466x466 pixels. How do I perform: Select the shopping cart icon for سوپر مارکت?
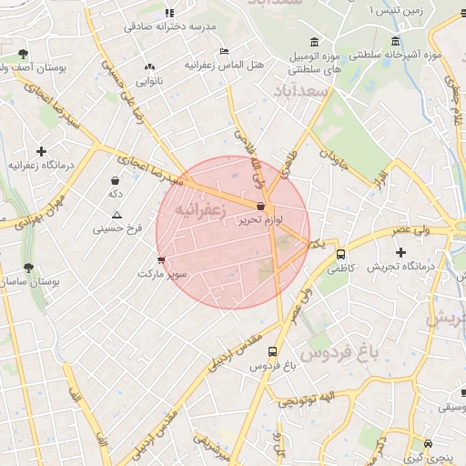pyautogui.click(x=161, y=260)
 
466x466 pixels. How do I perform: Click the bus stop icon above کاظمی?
pyautogui.click(x=340, y=255)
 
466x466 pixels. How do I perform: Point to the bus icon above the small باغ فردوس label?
pyautogui.click(x=273, y=352)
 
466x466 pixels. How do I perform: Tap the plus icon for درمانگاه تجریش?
pyautogui.click(x=400, y=251)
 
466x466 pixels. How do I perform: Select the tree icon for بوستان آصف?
pyautogui.click(x=23, y=54)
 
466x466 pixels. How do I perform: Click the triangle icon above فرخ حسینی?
pyautogui.click(x=116, y=215)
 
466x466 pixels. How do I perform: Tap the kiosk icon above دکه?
pyautogui.click(x=115, y=181)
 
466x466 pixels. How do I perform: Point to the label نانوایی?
pyautogui.click(x=150, y=81)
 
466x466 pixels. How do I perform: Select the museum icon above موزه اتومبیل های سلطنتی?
pyautogui.click(x=314, y=42)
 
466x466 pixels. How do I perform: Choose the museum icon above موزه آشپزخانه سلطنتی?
pyautogui.click(x=394, y=42)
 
